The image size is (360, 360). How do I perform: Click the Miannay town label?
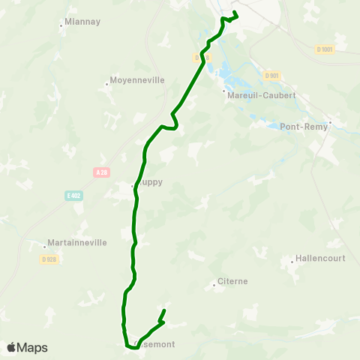tap(83, 22)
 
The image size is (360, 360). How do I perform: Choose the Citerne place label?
tap(232, 281)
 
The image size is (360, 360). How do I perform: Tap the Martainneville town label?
tap(77, 242)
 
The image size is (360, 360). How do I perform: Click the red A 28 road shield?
tap(102, 172)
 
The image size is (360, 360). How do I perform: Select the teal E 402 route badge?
tap(73, 196)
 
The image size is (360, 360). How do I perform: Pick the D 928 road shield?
tap(49, 259)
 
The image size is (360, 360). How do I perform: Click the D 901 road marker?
tap(271, 75)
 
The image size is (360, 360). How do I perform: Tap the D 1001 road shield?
tap(324, 49)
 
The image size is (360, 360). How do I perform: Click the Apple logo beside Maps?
tap(11, 347)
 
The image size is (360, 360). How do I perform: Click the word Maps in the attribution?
tap(32, 347)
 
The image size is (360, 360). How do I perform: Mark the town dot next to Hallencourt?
tap(292, 262)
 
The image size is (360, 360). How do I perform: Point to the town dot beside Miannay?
tap(61, 26)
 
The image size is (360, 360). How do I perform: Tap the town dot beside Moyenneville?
tap(106, 83)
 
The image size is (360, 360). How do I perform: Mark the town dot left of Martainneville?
tap(44, 245)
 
